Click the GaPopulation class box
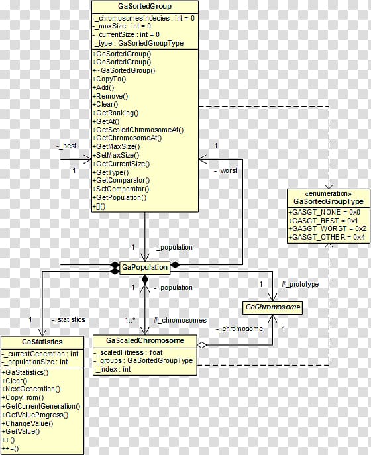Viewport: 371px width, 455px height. (x=144, y=267)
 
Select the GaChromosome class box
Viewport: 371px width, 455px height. (x=272, y=307)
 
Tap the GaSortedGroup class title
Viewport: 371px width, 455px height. (x=144, y=6)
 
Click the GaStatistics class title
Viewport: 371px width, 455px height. (x=42, y=342)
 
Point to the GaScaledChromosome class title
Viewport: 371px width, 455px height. (x=145, y=340)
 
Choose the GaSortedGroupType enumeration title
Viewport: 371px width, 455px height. (x=329, y=201)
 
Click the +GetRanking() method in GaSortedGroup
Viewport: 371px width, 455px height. (x=115, y=113)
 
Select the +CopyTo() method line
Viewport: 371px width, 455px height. (x=109, y=79)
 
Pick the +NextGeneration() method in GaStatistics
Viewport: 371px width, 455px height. (x=31, y=389)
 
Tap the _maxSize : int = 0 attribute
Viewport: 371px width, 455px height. (x=122, y=26)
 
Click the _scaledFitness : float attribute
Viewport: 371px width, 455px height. (x=128, y=352)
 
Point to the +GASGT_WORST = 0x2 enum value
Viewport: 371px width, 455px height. (x=327, y=228)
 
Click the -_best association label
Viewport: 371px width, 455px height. (x=66, y=146)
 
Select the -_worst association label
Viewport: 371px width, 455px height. (x=225, y=171)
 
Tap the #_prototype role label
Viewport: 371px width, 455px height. (x=300, y=284)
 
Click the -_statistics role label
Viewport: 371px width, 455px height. (x=68, y=319)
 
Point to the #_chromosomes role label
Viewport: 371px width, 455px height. (x=180, y=320)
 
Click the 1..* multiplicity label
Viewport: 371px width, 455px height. (x=130, y=320)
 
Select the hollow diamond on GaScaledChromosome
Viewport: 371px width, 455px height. (x=202, y=345)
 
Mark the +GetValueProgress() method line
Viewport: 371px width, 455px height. (x=35, y=415)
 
